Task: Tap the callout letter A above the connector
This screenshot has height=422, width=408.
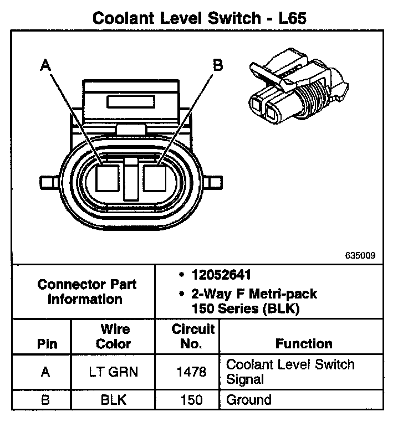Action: click(45, 66)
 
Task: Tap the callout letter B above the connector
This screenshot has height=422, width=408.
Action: click(218, 65)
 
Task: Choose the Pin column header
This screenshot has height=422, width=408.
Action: click(47, 343)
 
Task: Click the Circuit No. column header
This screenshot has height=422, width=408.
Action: click(192, 337)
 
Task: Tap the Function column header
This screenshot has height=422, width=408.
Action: click(304, 343)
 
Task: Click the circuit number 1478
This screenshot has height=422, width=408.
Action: click(192, 372)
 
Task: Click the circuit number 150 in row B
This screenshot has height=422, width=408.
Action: click(192, 400)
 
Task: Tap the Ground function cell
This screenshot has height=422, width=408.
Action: click(249, 400)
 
